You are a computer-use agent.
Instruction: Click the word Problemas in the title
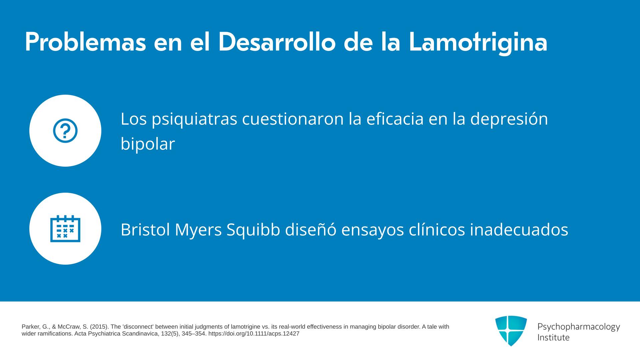pyautogui.click(x=85, y=42)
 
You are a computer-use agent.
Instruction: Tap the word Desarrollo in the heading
pyautogui.click(x=277, y=42)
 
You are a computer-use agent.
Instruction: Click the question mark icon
pyautogui.click(x=65, y=131)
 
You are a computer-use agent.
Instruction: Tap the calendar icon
pyautogui.click(x=65, y=229)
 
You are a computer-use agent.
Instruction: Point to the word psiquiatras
pyautogui.click(x=194, y=119)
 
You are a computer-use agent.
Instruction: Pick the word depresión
pyautogui.click(x=509, y=119)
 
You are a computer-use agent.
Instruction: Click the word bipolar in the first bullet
pyautogui.click(x=148, y=144)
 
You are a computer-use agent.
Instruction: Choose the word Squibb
pyautogui.click(x=253, y=230)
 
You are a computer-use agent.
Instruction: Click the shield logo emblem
pyautogui.click(x=511, y=331)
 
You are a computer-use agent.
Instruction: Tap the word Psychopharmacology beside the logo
pyautogui.click(x=579, y=327)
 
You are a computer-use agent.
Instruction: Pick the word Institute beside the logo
pyautogui.click(x=553, y=337)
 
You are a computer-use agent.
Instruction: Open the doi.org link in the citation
pyautogui.click(x=254, y=334)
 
